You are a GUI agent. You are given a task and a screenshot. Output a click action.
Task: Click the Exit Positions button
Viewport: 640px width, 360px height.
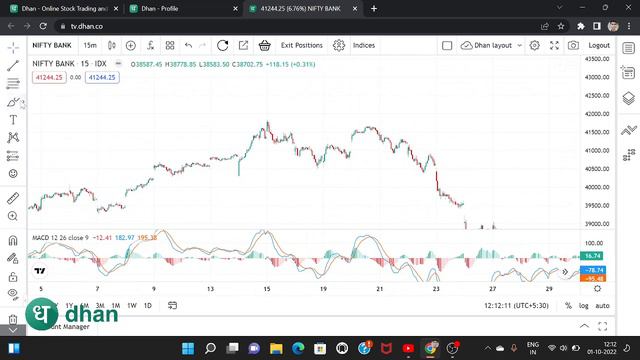coord(301,45)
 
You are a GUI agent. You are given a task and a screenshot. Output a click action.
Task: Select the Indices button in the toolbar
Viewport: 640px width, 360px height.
coord(363,45)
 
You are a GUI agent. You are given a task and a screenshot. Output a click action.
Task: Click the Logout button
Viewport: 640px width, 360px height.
coord(599,45)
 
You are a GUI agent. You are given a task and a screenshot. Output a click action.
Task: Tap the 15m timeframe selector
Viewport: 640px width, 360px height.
coord(90,45)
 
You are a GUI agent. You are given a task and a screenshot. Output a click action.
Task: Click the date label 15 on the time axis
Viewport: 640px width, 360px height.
coord(267,289)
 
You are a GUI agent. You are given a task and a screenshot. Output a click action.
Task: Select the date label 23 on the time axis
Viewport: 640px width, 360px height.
coord(436,289)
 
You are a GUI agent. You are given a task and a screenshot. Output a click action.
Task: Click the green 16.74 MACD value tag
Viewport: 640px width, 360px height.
coord(594,257)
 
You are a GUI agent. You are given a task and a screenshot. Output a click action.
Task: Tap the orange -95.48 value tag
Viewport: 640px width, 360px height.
coord(594,279)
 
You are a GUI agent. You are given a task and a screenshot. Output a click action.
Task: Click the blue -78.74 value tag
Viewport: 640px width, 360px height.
coord(594,270)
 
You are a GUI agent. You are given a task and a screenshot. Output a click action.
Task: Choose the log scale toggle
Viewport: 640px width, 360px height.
coord(583,305)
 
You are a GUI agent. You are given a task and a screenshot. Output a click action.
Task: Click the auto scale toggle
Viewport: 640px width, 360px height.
coord(602,305)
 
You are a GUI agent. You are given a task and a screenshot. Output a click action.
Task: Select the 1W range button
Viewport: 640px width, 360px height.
coord(131,305)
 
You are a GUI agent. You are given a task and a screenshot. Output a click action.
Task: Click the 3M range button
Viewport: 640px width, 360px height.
coord(100,305)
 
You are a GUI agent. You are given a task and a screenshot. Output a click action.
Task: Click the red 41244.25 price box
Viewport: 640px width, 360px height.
coord(48,77)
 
